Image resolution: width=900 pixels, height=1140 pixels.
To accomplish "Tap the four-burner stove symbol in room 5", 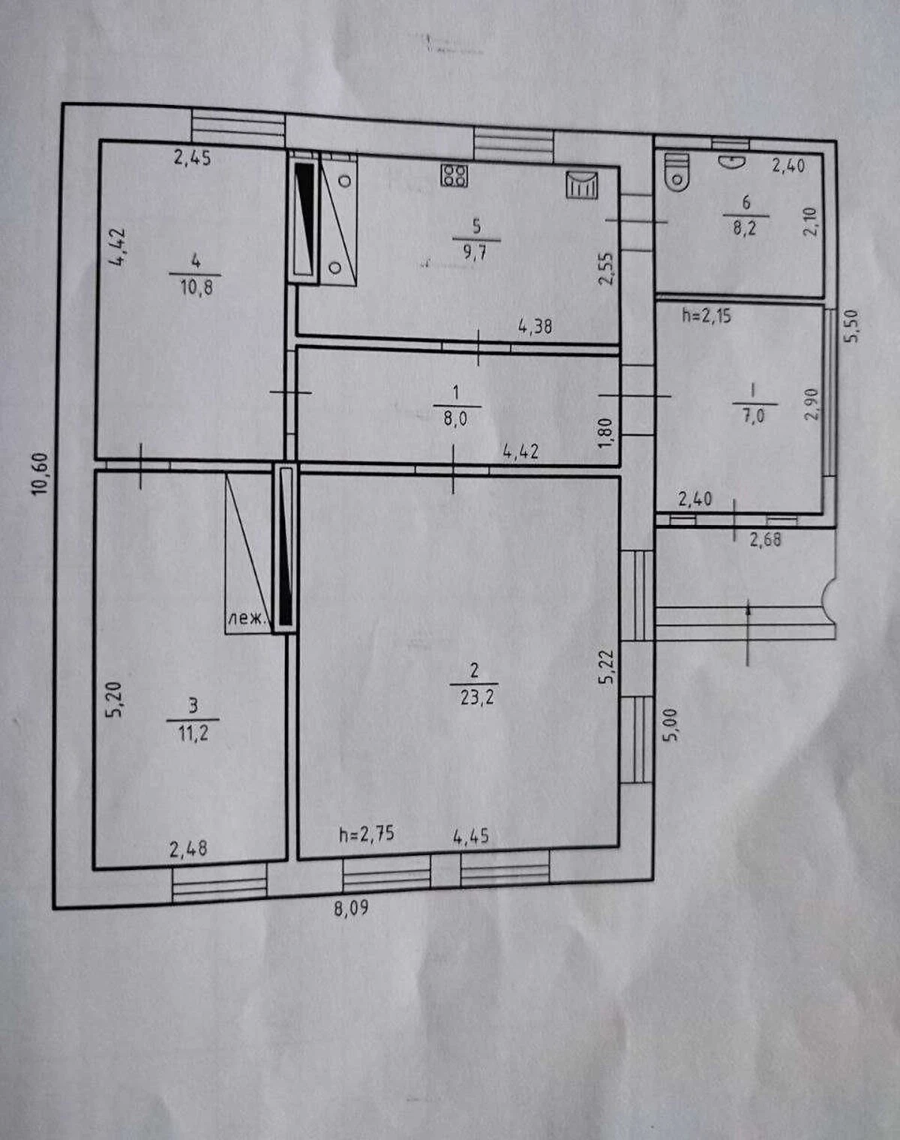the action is (x=454, y=175).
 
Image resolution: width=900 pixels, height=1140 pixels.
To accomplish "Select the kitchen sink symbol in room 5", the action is (x=582, y=185).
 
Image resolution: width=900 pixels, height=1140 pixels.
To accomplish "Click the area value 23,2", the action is (x=477, y=697).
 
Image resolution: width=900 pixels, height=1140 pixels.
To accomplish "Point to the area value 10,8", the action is (x=196, y=288).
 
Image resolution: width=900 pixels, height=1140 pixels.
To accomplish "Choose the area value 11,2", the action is (x=193, y=735).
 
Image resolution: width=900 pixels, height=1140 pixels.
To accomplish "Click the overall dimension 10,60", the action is (x=40, y=474).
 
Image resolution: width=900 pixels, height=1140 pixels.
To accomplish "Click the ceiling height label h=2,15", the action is (x=706, y=316).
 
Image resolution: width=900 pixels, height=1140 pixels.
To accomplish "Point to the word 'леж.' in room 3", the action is (x=245, y=618).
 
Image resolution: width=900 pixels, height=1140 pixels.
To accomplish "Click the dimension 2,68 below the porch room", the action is (x=765, y=540).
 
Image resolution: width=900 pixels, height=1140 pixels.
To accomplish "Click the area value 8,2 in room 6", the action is (x=745, y=228).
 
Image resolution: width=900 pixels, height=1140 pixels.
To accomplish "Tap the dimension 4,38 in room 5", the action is (x=535, y=326).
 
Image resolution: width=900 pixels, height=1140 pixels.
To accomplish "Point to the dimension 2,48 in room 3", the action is (x=188, y=850).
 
